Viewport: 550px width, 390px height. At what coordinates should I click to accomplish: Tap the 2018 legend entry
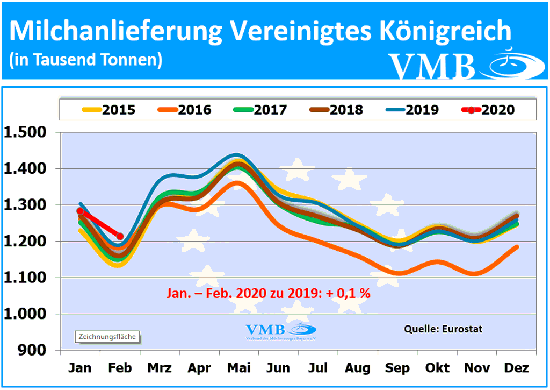336,110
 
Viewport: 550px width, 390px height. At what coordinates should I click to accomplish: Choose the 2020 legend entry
488,110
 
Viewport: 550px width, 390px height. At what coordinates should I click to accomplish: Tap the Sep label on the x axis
398,368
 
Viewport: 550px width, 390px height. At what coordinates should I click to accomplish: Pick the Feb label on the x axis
120,368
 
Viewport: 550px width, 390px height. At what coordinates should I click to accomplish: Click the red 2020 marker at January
80,211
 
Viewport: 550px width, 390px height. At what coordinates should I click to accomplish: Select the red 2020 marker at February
120,236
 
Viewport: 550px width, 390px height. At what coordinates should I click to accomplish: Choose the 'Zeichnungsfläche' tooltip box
107,337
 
